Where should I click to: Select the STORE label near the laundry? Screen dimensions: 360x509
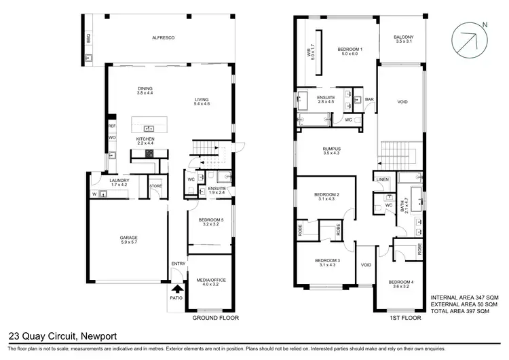pyautogui.click(x=155, y=185)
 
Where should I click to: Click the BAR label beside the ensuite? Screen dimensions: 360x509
pyautogui.click(x=369, y=100)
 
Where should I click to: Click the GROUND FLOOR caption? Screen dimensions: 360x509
pyautogui.click(x=215, y=317)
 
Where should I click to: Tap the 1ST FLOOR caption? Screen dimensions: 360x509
pyautogui.click(x=402, y=317)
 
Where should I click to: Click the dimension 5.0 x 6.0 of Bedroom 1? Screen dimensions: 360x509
pyautogui.click(x=351, y=54)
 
